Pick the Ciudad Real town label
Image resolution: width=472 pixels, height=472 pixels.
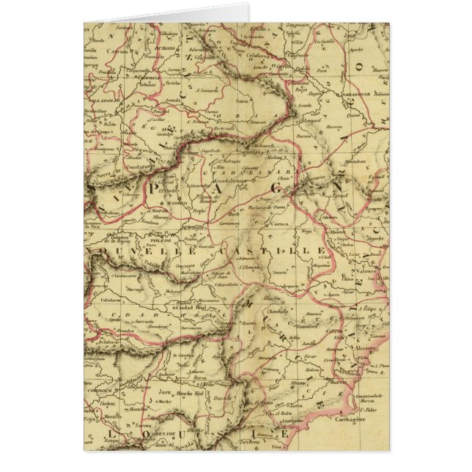[190, 308]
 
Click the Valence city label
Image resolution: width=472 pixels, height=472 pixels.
[366, 270]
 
